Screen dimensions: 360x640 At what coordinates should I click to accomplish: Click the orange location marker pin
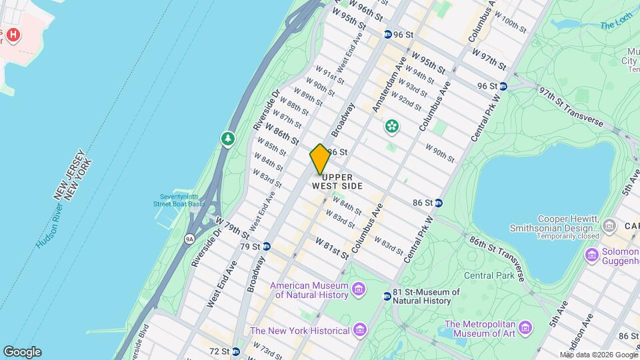pyautogui.click(x=320, y=159)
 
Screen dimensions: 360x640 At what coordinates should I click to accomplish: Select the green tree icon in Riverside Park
pyautogui.click(x=228, y=139)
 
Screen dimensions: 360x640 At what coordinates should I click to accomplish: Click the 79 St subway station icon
pyautogui.click(x=267, y=247)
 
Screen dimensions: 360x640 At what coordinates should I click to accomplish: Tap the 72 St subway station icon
pyautogui.click(x=235, y=351)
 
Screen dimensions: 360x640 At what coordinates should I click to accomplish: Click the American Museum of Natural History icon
pyautogui.click(x=359, y=289)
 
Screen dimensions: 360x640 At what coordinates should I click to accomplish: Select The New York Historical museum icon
pyautogui.click(x=360, y=330)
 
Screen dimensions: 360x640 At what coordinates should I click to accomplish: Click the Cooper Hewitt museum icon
pyautogui.click(x=608, y=227)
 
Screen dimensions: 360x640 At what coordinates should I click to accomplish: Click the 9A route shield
pyautogui.click(x=189, y=237)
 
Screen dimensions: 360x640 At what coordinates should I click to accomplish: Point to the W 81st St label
pyautogui.click(x=332, y=247)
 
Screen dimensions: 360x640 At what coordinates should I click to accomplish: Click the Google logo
pyautogui.click(x=22, y=352)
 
